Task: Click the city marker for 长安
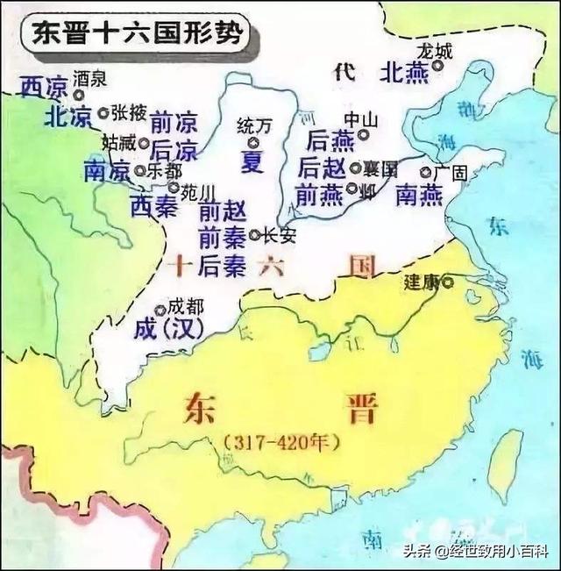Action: coord(254,235)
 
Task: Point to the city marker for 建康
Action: coord(448,282)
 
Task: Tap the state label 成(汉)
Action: coord(169,330)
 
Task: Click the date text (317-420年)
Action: coord(281,444)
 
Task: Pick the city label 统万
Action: coord(254,126)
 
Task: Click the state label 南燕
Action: coord(419,195)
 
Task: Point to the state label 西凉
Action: coord(44,87)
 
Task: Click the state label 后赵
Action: coord(323,167)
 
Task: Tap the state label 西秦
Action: coord(154,206)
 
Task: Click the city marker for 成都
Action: coord(160,310)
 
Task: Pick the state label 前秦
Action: coord(223,237)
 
